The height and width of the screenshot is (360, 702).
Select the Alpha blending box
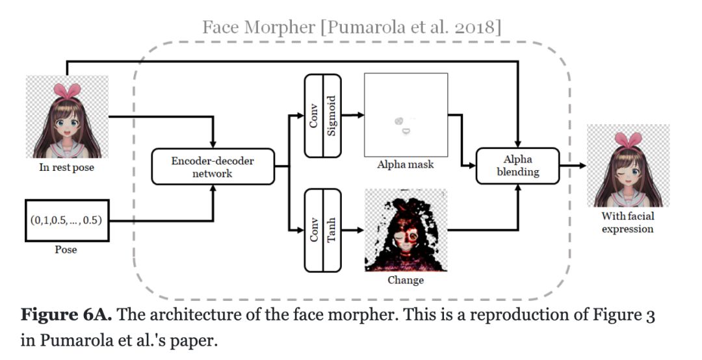[517, 166]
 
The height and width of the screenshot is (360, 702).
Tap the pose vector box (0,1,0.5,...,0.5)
[66, 220]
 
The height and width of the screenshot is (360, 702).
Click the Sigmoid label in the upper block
[331, 115]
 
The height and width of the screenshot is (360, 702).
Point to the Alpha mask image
[406, 114]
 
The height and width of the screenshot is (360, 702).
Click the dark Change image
[406, 230]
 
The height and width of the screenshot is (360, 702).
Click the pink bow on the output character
[628, 138]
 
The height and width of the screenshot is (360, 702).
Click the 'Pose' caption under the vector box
[66, 250]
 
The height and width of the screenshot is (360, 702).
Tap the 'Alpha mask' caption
[406, 164]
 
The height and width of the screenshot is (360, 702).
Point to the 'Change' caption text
[406, 280]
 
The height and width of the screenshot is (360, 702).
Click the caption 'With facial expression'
[627, 223]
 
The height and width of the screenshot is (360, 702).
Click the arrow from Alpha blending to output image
[572, 166]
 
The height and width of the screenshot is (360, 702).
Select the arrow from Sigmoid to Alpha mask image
[352, 115]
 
